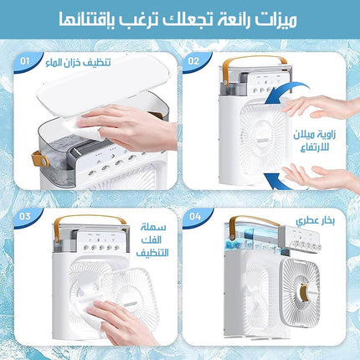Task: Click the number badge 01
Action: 24,61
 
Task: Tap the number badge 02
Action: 193,61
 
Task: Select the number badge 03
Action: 25,217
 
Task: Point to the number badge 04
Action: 195,217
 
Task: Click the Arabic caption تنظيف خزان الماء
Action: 78,63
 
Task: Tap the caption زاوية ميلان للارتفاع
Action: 315,141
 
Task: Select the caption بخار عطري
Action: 316,221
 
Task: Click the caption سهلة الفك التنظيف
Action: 152,240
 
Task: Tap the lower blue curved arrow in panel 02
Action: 279,183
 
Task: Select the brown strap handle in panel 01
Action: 39,160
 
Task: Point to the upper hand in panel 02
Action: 321,106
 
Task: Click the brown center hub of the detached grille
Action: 304,293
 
